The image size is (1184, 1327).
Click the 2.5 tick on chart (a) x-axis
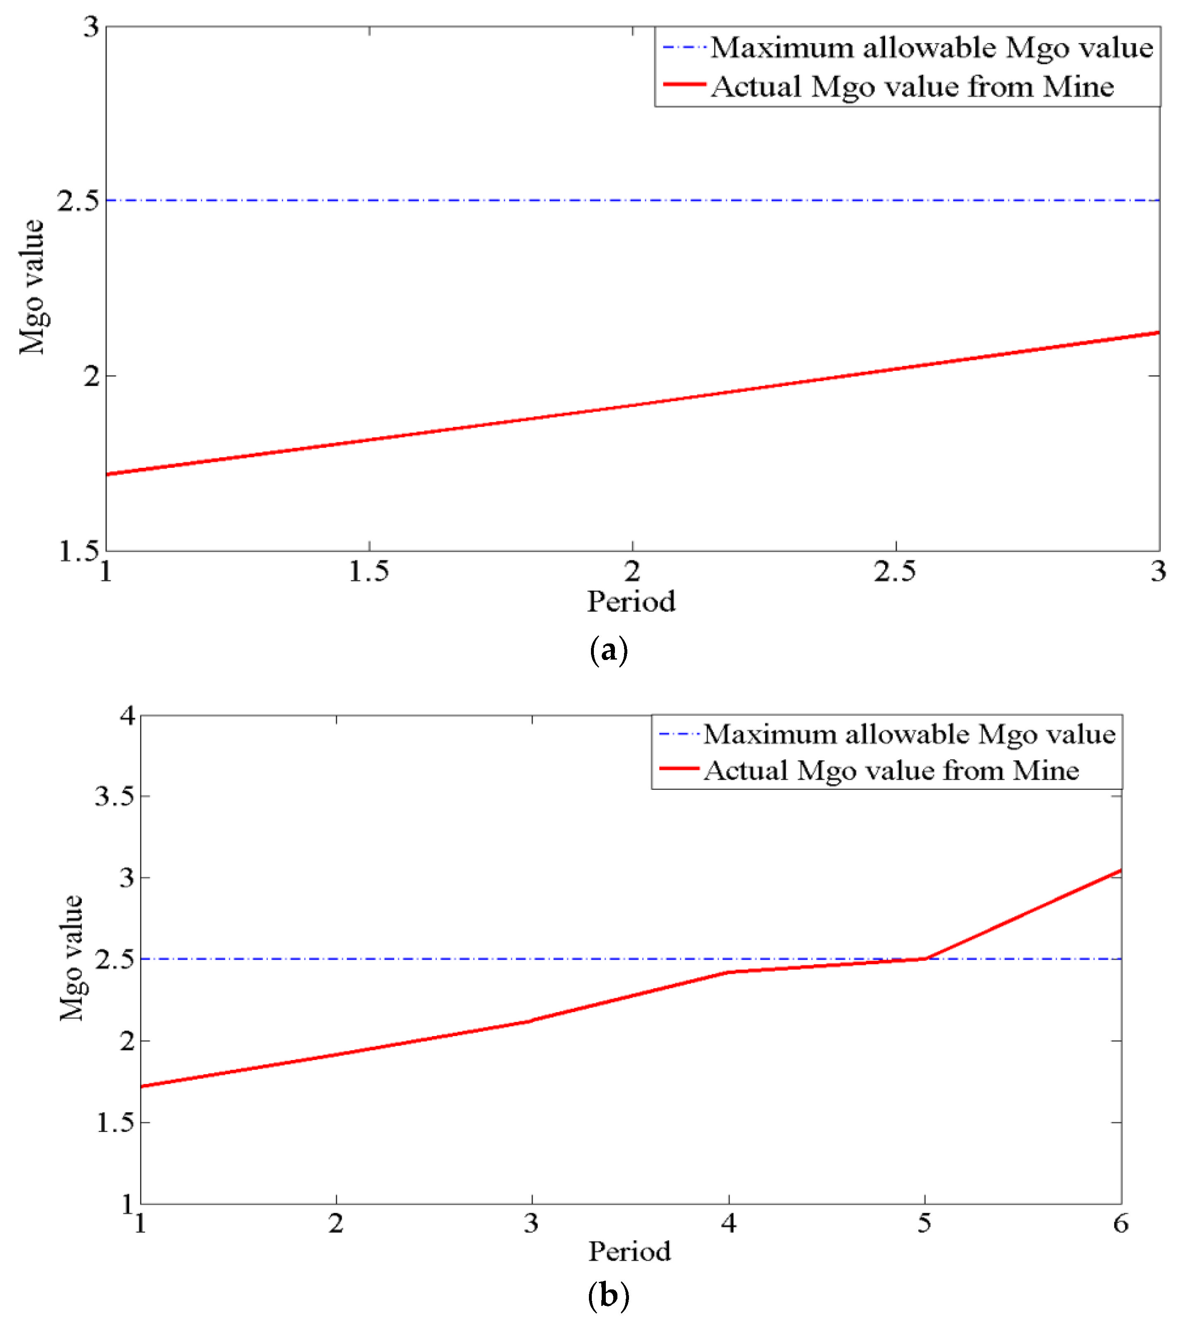point(895,571)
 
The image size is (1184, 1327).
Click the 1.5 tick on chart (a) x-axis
point(369,571)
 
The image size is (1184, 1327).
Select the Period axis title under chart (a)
point(631,601)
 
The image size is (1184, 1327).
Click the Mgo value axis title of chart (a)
point(31,288)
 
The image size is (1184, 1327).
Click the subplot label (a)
point(608,650)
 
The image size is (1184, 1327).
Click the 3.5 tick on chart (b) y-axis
point(115,796)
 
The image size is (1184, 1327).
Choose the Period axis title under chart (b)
point(629,1251)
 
